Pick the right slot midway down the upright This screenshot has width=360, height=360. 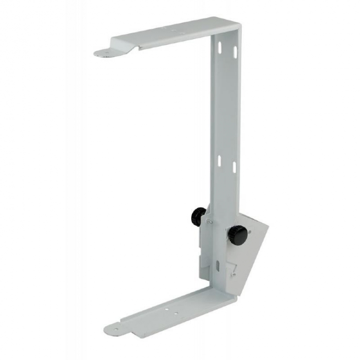click(234, 167)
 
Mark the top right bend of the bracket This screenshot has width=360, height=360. click(240, 24)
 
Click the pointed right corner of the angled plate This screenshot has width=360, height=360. click(268, 225)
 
